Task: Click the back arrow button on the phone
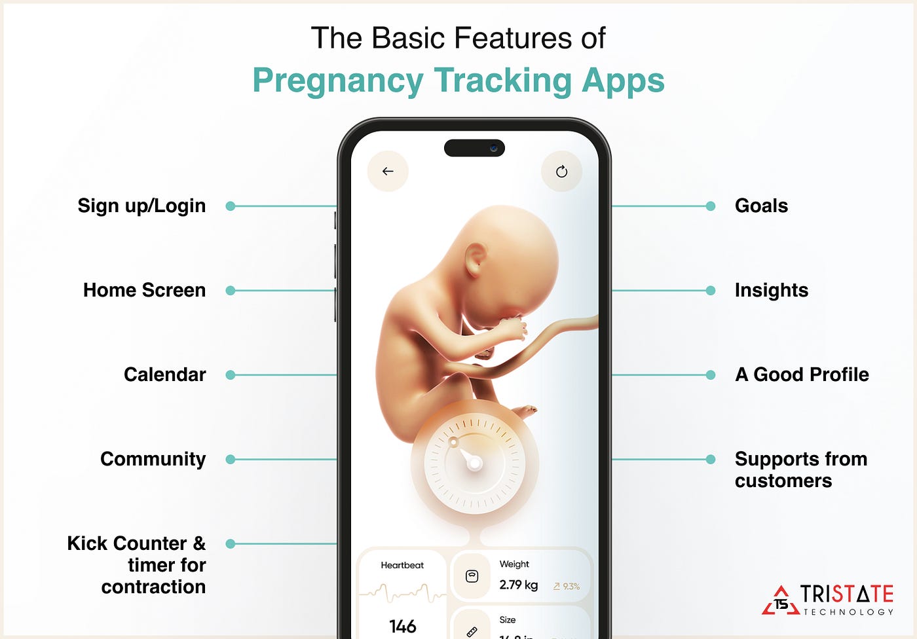388,172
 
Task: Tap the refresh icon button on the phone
561,172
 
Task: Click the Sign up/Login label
141,206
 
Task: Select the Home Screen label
144,290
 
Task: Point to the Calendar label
164,374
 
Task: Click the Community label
153,459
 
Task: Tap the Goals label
761,206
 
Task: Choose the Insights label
771,290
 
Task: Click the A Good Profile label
802,374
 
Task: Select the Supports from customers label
800,469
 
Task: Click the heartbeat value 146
402,627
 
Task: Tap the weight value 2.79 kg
518,585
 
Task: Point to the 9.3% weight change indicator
567,587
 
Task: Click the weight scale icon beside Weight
472,576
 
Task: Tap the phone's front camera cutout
474,148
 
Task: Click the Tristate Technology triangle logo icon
780,601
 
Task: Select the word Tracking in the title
502,81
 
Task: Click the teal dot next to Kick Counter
230,543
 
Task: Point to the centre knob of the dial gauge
476,464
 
